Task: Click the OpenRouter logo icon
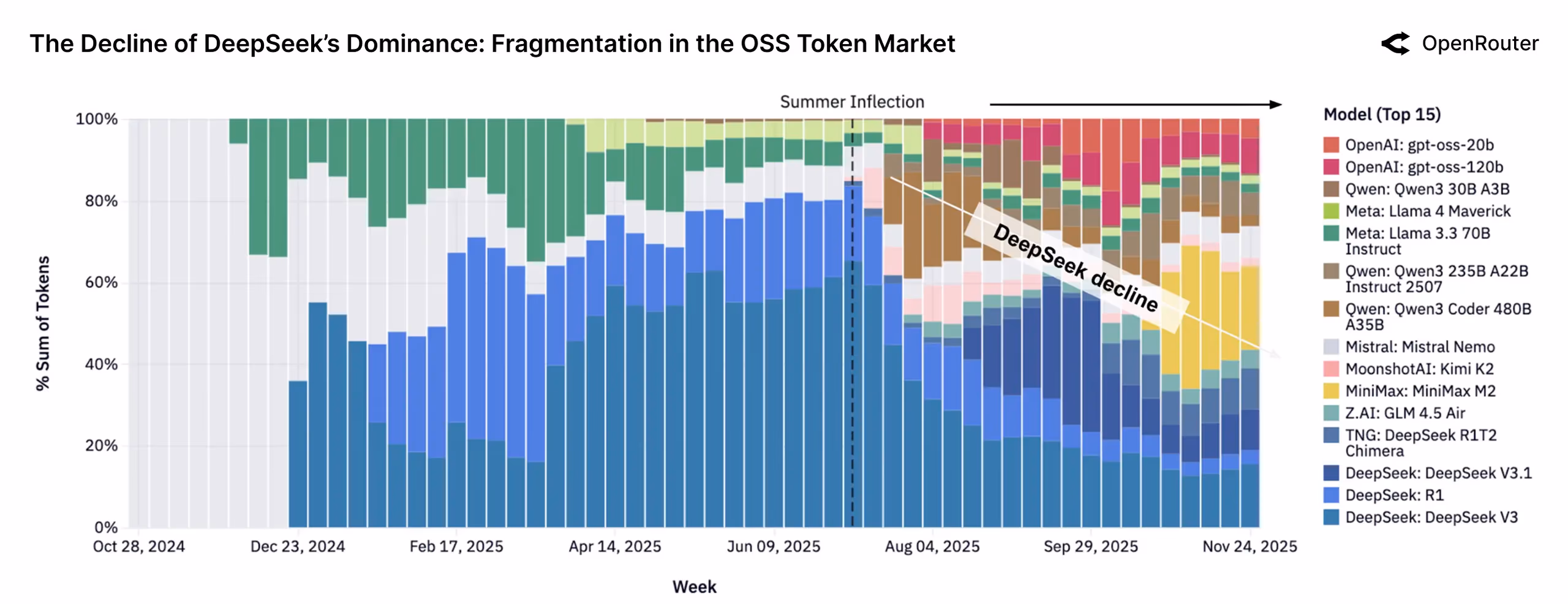coord(1396,43)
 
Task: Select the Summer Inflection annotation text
coord(851,102)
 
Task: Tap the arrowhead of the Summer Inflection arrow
coord(1276,104)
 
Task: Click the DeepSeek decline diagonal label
coord(1076,267)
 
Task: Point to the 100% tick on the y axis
coord(96,119)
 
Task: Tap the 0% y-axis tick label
coord(105,527)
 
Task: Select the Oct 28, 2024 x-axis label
coord(138,546)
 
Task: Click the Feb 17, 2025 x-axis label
coord(456,546)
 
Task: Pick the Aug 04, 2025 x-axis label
coord(932,546)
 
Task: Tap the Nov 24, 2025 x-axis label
coord(1249,546)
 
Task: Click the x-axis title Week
coord(694,587)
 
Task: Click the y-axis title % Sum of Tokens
coord(42,323)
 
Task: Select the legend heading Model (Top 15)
coord(1382,115)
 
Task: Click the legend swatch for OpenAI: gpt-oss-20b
coord(1331,145)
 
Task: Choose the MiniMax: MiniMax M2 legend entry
coord(1420,391)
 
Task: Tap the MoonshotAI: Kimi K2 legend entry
coord(1419,369)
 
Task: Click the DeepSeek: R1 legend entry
coord(1394,495)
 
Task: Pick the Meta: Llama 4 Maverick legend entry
coord(1428,211)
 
